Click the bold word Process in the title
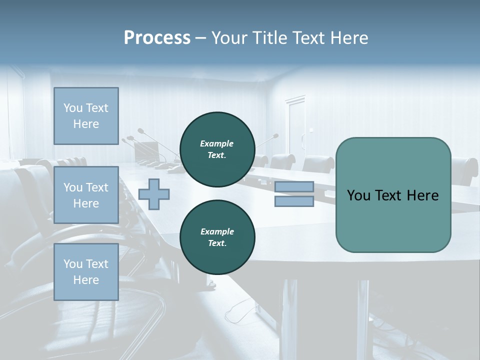(157, 38)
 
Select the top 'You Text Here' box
(86, 116)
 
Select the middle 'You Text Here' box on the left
(86, 195)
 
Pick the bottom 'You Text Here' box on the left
(86, 272)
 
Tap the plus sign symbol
(154, 194)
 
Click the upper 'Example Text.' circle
(217, 149)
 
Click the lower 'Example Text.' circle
(217, 237)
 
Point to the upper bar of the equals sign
(294, 187)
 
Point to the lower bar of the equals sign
(294, 201)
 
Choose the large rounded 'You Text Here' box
(393, 195)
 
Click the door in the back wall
(295, 125)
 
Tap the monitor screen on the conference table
(146, 151)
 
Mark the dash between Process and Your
(200, 38)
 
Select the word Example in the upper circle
(217, 143)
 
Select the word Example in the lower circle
(217, 231)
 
